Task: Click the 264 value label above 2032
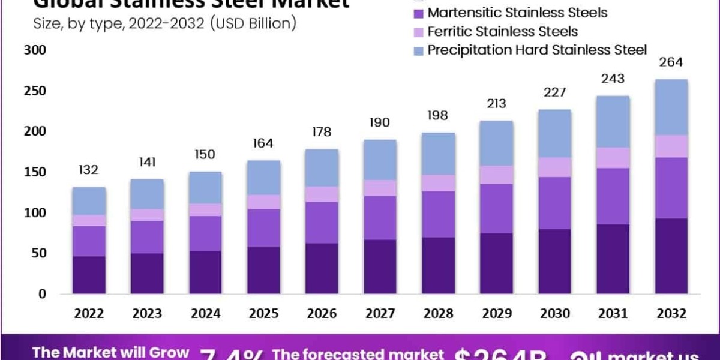click(x=671, y=62)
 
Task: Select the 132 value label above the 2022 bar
click(x=89, y=170)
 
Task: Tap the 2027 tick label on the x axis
click(x=379, y=313)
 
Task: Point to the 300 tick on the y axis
click(x=34, y=50)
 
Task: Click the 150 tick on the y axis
click(x=34, y=172)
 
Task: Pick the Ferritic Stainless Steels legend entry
click(x=503, y=31)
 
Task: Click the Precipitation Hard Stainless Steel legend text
click(x=537, y=50)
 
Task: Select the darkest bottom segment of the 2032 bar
click(x=671, y=256)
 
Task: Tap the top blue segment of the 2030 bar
click(x=554, y=133)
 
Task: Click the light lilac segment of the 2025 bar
click(x=263, y=202)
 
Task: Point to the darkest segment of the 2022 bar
click(x=89, y=275)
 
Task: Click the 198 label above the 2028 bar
click(x=437, y=115)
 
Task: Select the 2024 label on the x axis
click(x=205, y=313)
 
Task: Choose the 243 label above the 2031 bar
click(x=613, y=79)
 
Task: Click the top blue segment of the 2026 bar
click(x=321, y=167)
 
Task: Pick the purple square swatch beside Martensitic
click(x=419, y=13)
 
